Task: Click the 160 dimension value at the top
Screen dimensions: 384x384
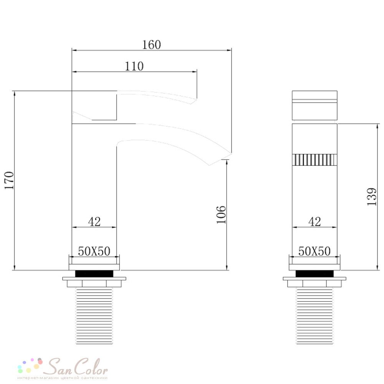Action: coord(152,45)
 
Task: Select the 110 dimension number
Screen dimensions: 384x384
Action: coord(134,66)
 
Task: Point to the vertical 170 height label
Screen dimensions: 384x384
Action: coord(10,180)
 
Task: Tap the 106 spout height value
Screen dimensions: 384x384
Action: coord(221,215)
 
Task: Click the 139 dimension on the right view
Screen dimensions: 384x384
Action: coord(372,197)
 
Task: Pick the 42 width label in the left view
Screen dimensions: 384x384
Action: coord(94,222)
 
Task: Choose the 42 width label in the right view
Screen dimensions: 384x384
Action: coord(314,222)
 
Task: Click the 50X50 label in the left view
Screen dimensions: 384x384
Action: coord(94,251)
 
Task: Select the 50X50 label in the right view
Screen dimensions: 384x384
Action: coord(314,251)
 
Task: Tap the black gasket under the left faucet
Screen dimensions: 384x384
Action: coord(94,274)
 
